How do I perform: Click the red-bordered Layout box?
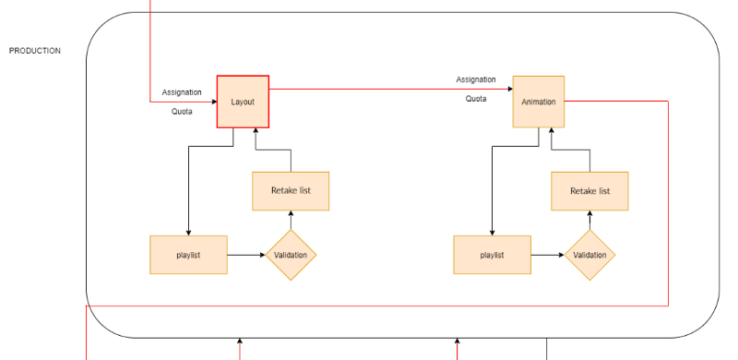coord(243,102)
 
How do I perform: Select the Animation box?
coord(538,102)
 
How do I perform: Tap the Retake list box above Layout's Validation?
coord(291,191)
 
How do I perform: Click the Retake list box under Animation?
coord(589,191)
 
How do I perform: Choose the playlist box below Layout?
coord(188,255)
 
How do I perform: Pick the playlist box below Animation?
coord(492,255)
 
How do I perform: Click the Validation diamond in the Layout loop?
coord(291,255)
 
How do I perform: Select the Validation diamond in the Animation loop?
coord(589,255)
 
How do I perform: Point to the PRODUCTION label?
coord(35,51)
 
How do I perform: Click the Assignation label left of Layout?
coord(182,92)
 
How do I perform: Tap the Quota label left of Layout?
coord(182,112)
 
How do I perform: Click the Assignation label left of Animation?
coord(476,79)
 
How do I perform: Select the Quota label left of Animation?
coord(476,99)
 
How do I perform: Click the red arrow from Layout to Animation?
coord(387,90)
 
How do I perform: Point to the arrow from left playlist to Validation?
coord(245,255)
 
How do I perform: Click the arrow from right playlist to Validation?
coord(548,255)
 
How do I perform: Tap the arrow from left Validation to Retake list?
coord(291,220)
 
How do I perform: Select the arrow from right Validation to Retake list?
coord(589,220)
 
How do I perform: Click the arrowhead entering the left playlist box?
coord(188,232)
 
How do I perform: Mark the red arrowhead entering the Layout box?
coord(212,102)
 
